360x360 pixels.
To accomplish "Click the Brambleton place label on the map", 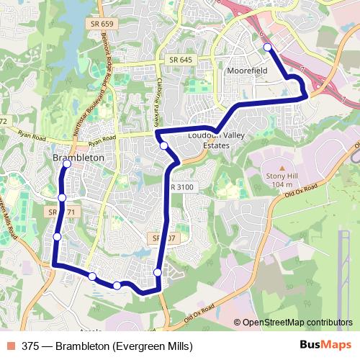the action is (x=78, y=157).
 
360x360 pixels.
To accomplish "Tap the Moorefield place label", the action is (x=247, y=73).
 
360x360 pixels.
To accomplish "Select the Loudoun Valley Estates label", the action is (x=209, y=140).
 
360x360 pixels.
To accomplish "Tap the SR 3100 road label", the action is (x=182, y=187).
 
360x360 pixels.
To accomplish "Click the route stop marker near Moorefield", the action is (x=267, y=48).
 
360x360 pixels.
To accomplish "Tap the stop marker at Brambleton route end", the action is (x=67, y=164).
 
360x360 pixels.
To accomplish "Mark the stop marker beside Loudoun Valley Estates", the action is (x=164, y=146).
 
